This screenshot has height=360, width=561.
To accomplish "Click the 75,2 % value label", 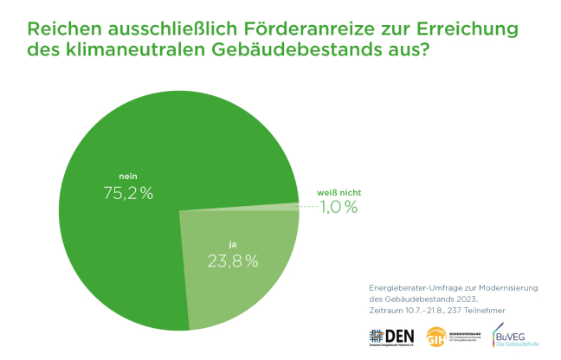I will [x=127, y=193].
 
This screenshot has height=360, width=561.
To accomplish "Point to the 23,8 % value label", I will [x=232, y=260].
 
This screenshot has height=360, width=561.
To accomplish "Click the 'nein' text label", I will [x=127, y=177].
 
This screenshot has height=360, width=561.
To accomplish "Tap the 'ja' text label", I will [x=232, y=243].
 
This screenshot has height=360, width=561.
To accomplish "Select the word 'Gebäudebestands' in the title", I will [x=299, y=50].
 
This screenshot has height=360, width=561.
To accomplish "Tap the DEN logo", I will [x=391, y=337].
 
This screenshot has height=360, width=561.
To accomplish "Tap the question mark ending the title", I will [x=424, y=50].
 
